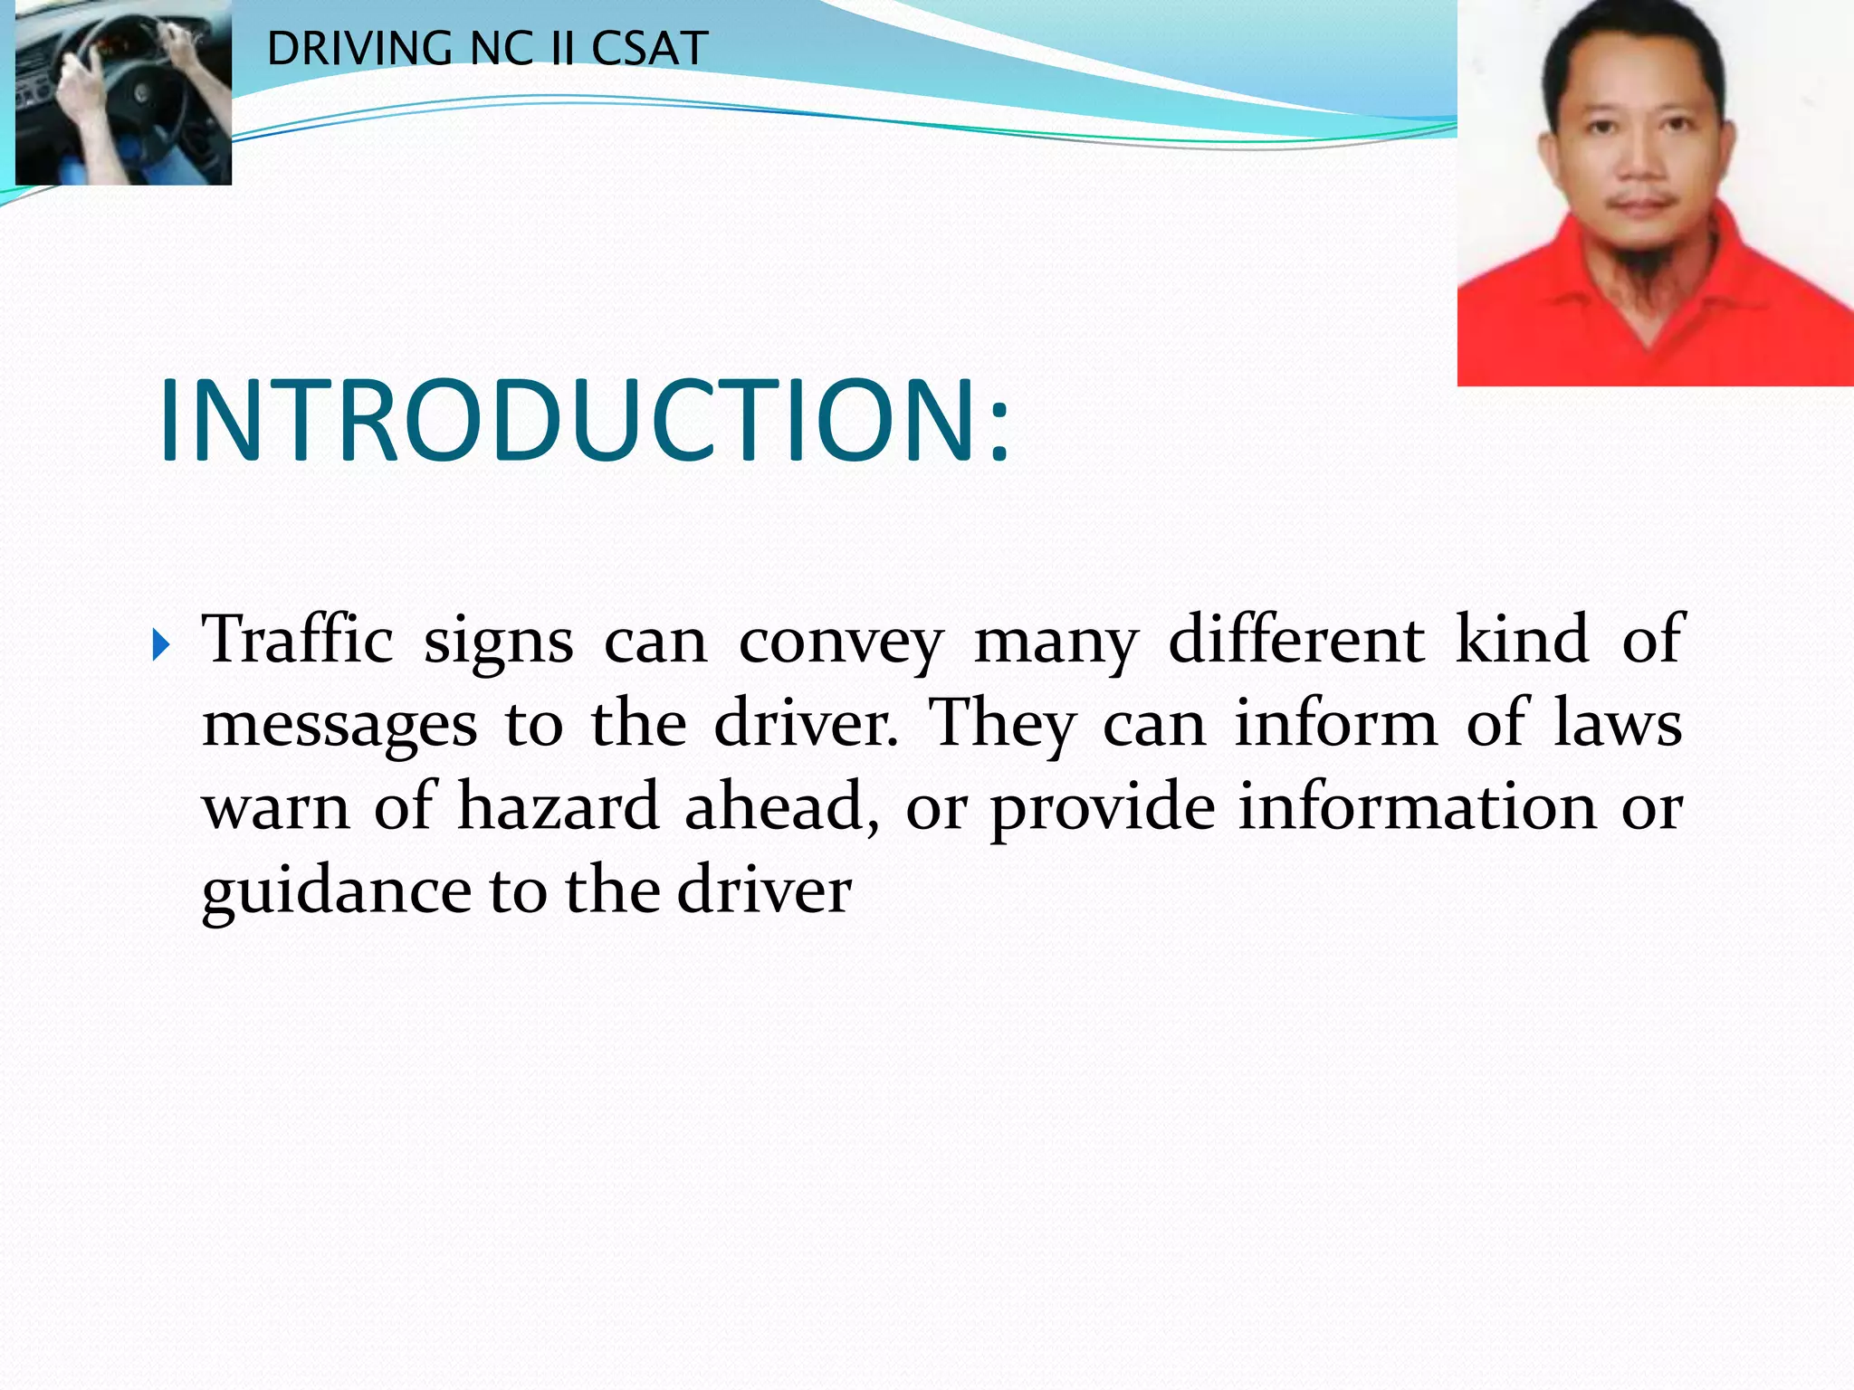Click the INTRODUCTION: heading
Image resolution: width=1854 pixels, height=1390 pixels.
pos(584,421)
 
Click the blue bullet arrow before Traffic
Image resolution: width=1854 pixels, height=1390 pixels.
pos(161,645)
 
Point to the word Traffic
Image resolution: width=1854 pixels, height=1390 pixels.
pos(297,639)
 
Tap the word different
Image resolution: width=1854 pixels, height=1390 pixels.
pos(1296,639)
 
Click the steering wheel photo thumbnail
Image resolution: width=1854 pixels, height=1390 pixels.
pos(123,91)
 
